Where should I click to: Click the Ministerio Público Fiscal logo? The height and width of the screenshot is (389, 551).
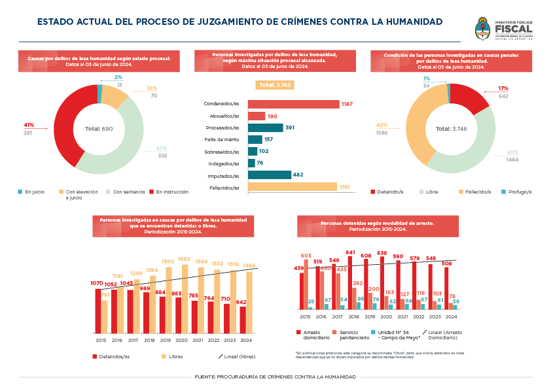[x=503, y=29]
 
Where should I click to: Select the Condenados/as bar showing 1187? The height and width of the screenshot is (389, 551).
[x=293, y=104]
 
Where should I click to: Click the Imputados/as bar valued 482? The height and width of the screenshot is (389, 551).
[x=270, y=175]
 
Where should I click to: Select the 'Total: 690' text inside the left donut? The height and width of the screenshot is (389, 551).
[x=99, y=129]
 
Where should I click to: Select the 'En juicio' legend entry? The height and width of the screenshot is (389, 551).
[x=33, y=192]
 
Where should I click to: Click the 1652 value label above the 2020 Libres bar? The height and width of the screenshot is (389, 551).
[x=184, y=260]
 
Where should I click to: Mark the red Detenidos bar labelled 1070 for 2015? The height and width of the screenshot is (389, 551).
[x=98, y=311]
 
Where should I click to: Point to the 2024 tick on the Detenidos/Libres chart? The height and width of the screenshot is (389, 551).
[x=247, y=340]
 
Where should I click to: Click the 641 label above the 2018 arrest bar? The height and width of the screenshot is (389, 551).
[x=350, y=252]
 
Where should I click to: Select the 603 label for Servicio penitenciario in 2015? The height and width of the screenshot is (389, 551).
[x=306, y=256]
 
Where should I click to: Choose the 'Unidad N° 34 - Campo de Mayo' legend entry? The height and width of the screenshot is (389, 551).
[x=395, y=335]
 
